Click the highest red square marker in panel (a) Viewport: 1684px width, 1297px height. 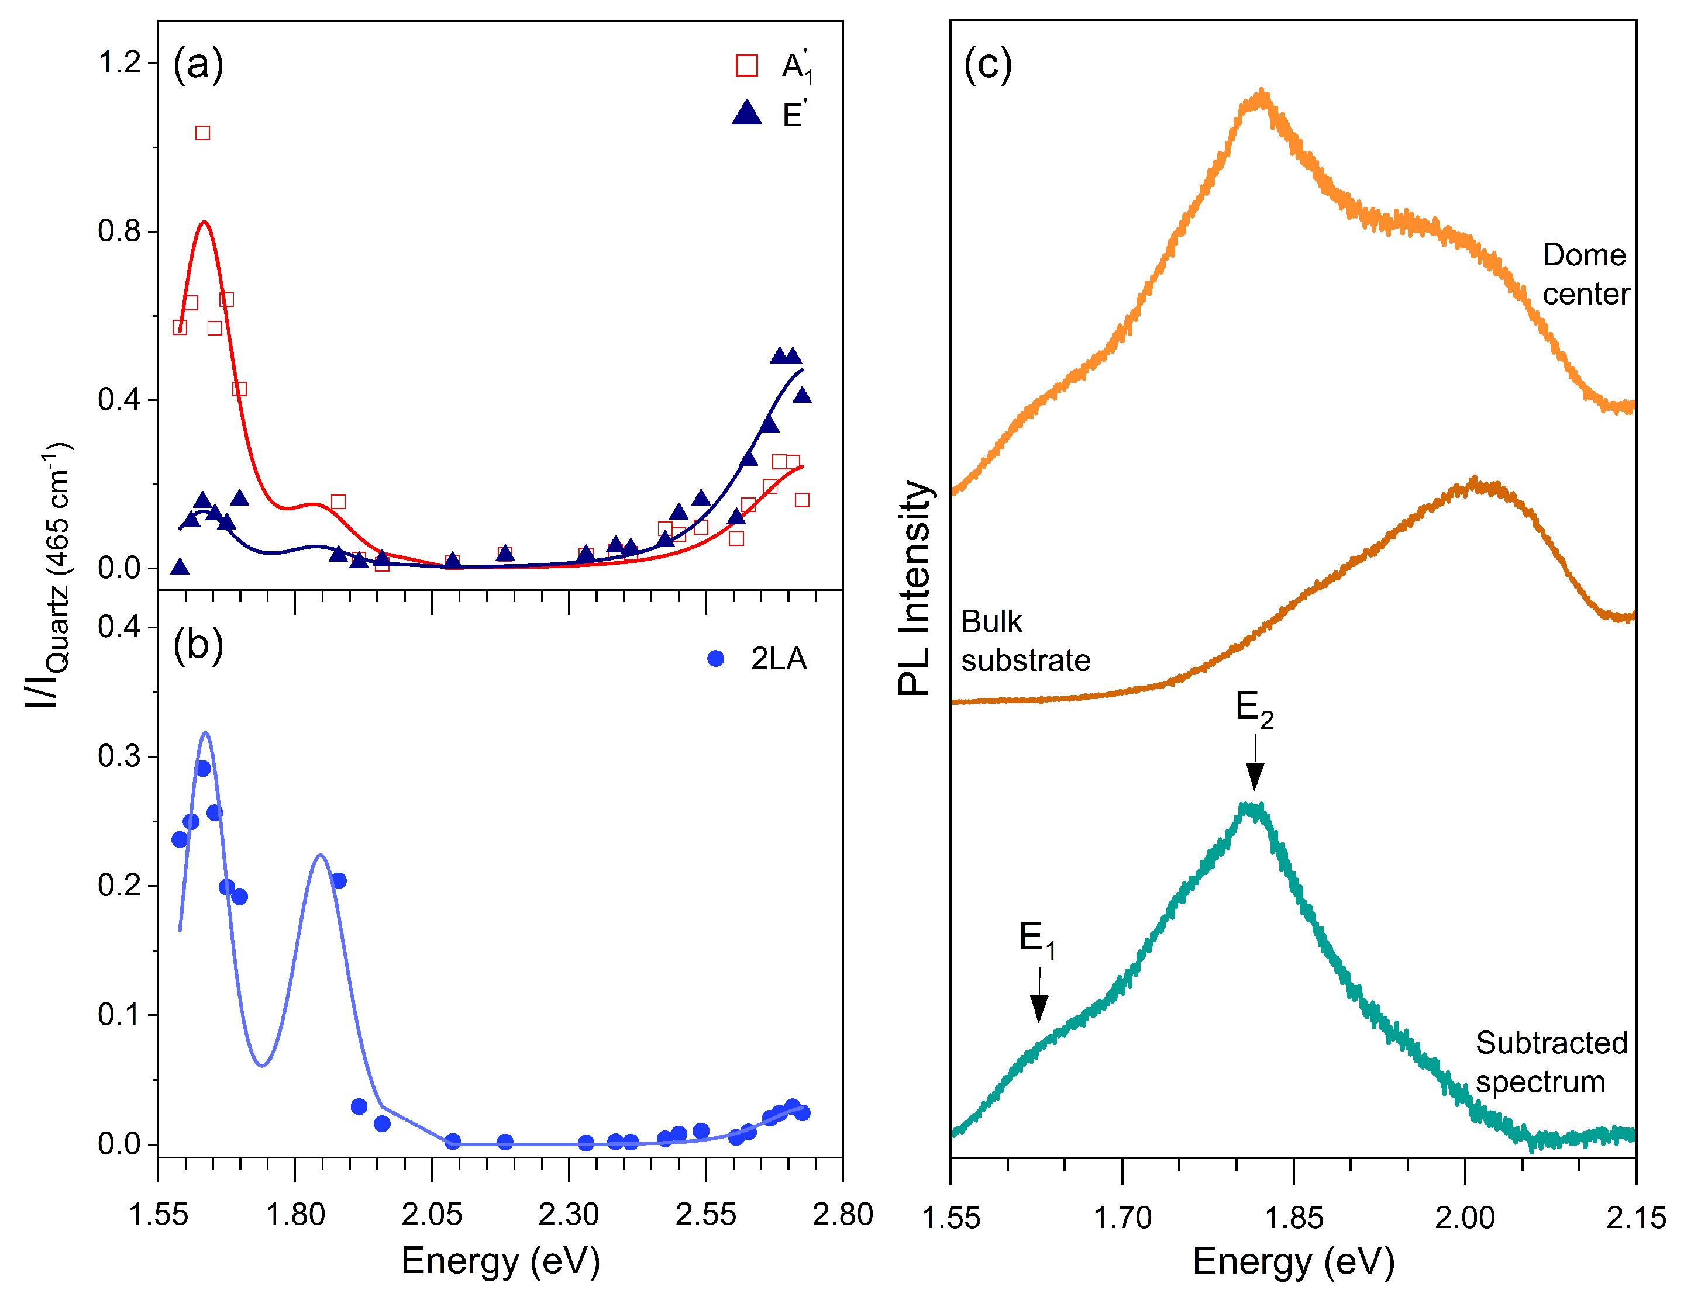click(x=202, y=133)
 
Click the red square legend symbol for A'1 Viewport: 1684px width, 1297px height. click(x=746, y=65)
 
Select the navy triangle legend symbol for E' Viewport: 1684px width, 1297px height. click(x=746, y=114)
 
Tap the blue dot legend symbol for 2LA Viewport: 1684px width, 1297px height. click(x=715, y=659)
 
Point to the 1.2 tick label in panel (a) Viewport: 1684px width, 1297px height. click(x=119, y=63)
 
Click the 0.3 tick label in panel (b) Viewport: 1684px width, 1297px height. click(x=119, y=756)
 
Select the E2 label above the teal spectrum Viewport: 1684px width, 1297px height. click(x=1255, y=708)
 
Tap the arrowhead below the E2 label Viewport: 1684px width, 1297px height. click(x=1255, y=776)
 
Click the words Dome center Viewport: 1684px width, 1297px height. click(x=1585, y=274)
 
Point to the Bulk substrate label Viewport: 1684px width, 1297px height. click(x=1025, y=641)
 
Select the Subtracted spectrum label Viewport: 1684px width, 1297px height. click(x=1551, y=1062)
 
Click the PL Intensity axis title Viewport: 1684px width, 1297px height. click(x=915, y=588)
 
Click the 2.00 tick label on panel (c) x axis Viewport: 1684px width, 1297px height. click(x=1464, y=1218)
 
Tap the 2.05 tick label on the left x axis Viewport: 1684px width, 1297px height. click(x=431, y=1215)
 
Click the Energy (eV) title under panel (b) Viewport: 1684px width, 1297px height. click(x=501, y=1261)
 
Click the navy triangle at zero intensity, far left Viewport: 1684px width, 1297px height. click(x=180, y=567)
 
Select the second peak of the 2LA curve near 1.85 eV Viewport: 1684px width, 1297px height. click(x=321, y=856)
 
